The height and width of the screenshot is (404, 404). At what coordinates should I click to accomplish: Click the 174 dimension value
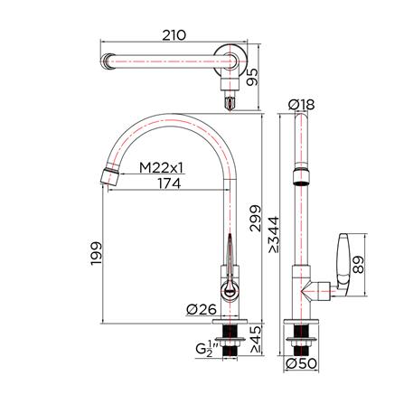pos(167,184)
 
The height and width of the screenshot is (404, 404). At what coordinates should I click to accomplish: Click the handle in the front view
pos(231,262)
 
